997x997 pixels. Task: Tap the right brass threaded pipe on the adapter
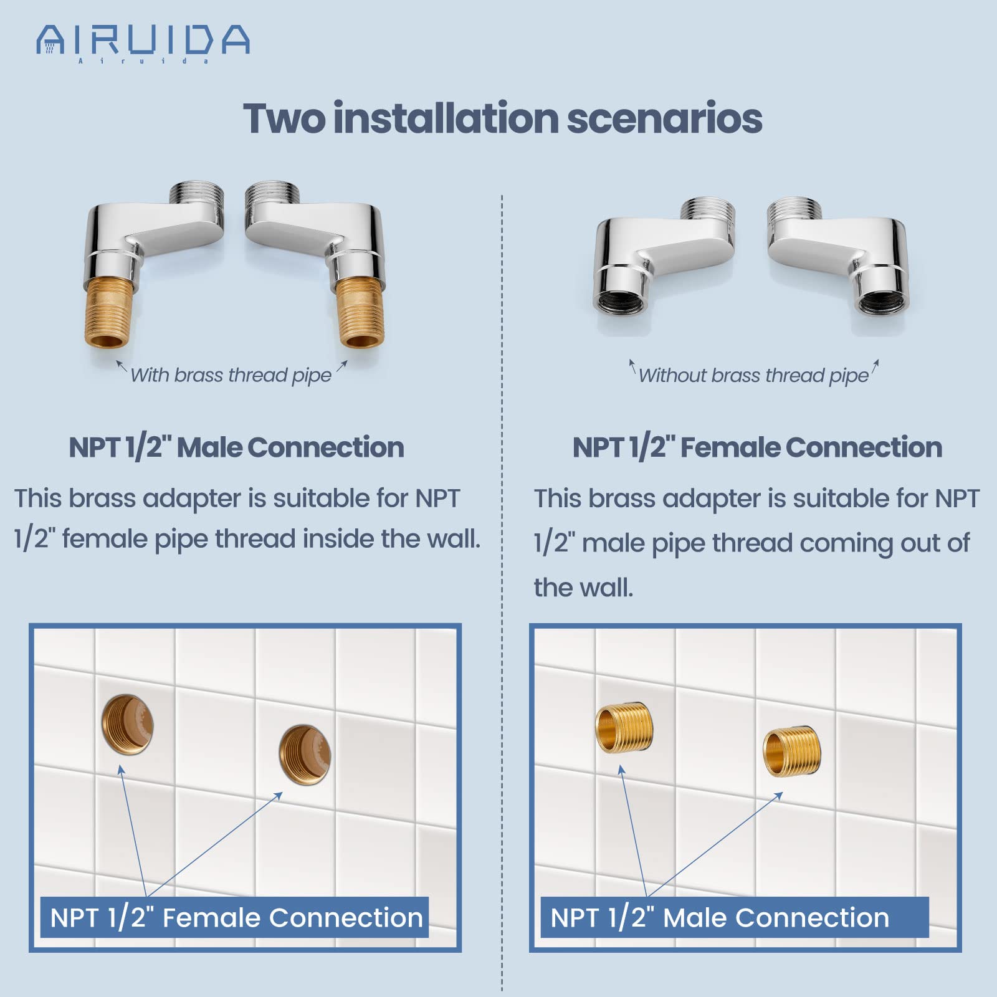[x=360, y=312]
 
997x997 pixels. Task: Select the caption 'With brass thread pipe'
[x=231, y=375]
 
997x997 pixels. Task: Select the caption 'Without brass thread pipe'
[x=753, y=375]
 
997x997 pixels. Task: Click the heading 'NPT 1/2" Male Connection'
[x=236, y=447]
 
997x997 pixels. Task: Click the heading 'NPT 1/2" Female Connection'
[x=757, y=447]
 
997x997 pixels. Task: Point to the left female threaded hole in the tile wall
[x=128, y=724]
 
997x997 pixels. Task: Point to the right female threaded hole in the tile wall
[x=305, y=755]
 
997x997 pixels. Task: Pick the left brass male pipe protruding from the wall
[x=624, y=728]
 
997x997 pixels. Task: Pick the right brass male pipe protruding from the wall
[x=792, y=751]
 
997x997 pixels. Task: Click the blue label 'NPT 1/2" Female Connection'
[x=236, y=917]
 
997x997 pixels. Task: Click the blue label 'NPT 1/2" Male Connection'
[x=720, y=917]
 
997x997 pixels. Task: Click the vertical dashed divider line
[x=502, y=561]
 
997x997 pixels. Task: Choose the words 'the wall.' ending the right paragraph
[x=583, y=588]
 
